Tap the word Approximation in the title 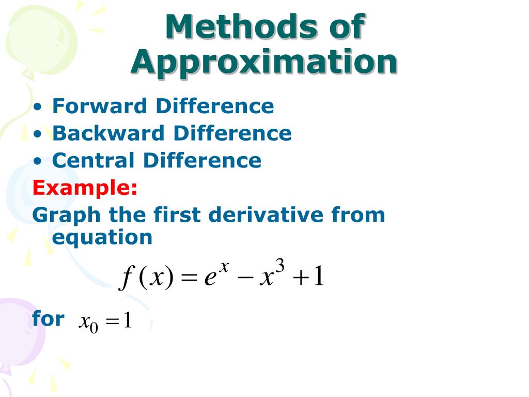(264, 63)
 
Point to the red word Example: (85, 188)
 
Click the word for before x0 (48, 318)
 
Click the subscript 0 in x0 (94, 328)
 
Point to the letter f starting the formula (125, 279)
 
